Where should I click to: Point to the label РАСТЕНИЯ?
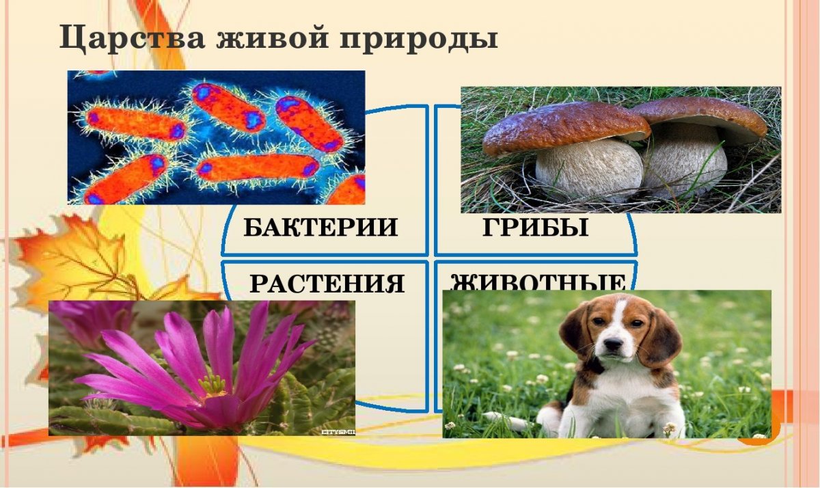click(x=327, y=283)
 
